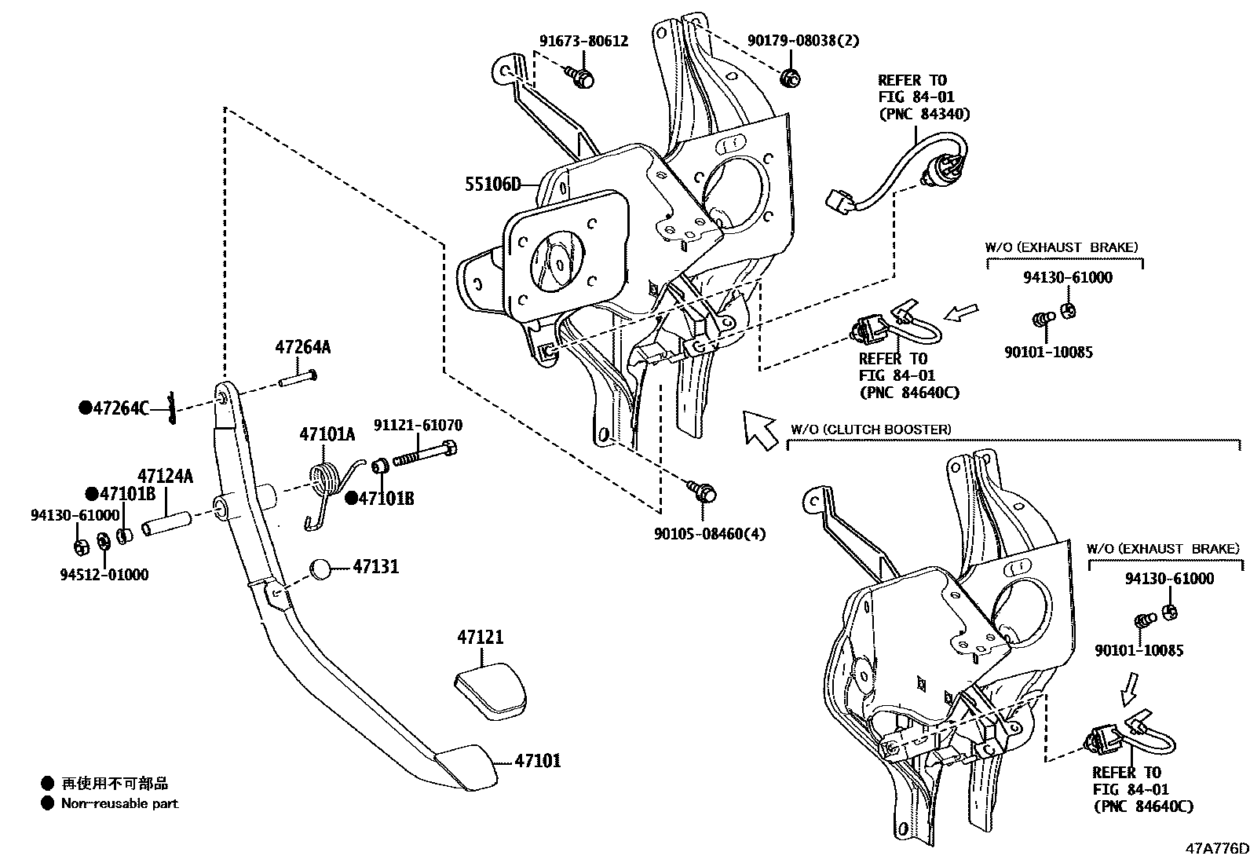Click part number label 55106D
click(x=492, y=185)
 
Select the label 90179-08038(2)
click(x=792, y=41)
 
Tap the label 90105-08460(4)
click(x=709, y=534)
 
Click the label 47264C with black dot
click(x=114, y=408)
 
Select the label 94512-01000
click(x=104, y=574)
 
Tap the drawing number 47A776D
click(x=1216, y=848)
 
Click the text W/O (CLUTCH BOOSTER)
click(x=870, y=430)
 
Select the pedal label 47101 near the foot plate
click(x=538, y=760)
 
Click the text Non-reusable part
click(x=119, y=803)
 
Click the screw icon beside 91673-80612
click(x=581, y=75)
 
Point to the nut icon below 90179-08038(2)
click(x=790, y=78)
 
